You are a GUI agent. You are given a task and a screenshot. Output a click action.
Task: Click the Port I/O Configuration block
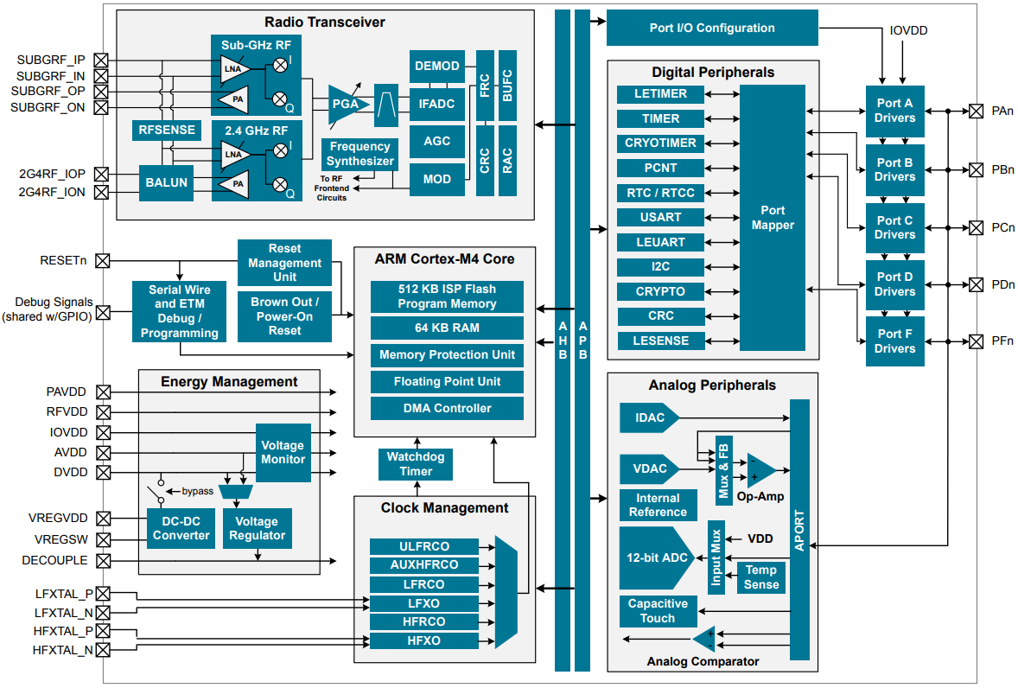click(712, 28)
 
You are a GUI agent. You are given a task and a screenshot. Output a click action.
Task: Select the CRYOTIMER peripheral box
click(660, 143)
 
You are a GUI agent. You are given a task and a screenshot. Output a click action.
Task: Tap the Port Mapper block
click(772, 218)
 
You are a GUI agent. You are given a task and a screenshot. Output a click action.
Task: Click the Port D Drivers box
click(894, 284)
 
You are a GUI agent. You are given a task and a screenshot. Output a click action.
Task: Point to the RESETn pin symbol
click(103, 260)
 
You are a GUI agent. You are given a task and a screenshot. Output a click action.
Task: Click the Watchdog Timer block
click(416, 464)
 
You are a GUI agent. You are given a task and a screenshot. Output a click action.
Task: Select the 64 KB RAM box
click(447, 328)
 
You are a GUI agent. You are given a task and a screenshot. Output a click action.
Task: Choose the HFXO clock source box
click(423, 640)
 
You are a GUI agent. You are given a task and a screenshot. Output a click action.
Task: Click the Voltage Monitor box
click(283, 452)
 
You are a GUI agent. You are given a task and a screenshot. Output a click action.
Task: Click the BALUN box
click(166, 182)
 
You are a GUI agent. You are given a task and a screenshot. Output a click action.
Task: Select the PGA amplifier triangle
click(346, 104)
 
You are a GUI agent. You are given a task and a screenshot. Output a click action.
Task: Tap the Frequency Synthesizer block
click(360, 154)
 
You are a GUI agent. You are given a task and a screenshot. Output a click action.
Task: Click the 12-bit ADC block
click(657, 557)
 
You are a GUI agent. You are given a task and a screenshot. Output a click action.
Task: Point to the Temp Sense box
click(760, 577)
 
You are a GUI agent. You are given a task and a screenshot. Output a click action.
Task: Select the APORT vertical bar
click(799, 529)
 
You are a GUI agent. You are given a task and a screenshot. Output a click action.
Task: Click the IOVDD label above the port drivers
click(908, 30)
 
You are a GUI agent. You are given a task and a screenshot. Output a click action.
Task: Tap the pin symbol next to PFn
click(976, 341)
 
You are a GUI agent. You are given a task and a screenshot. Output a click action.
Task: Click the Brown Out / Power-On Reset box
click(284, 316)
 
